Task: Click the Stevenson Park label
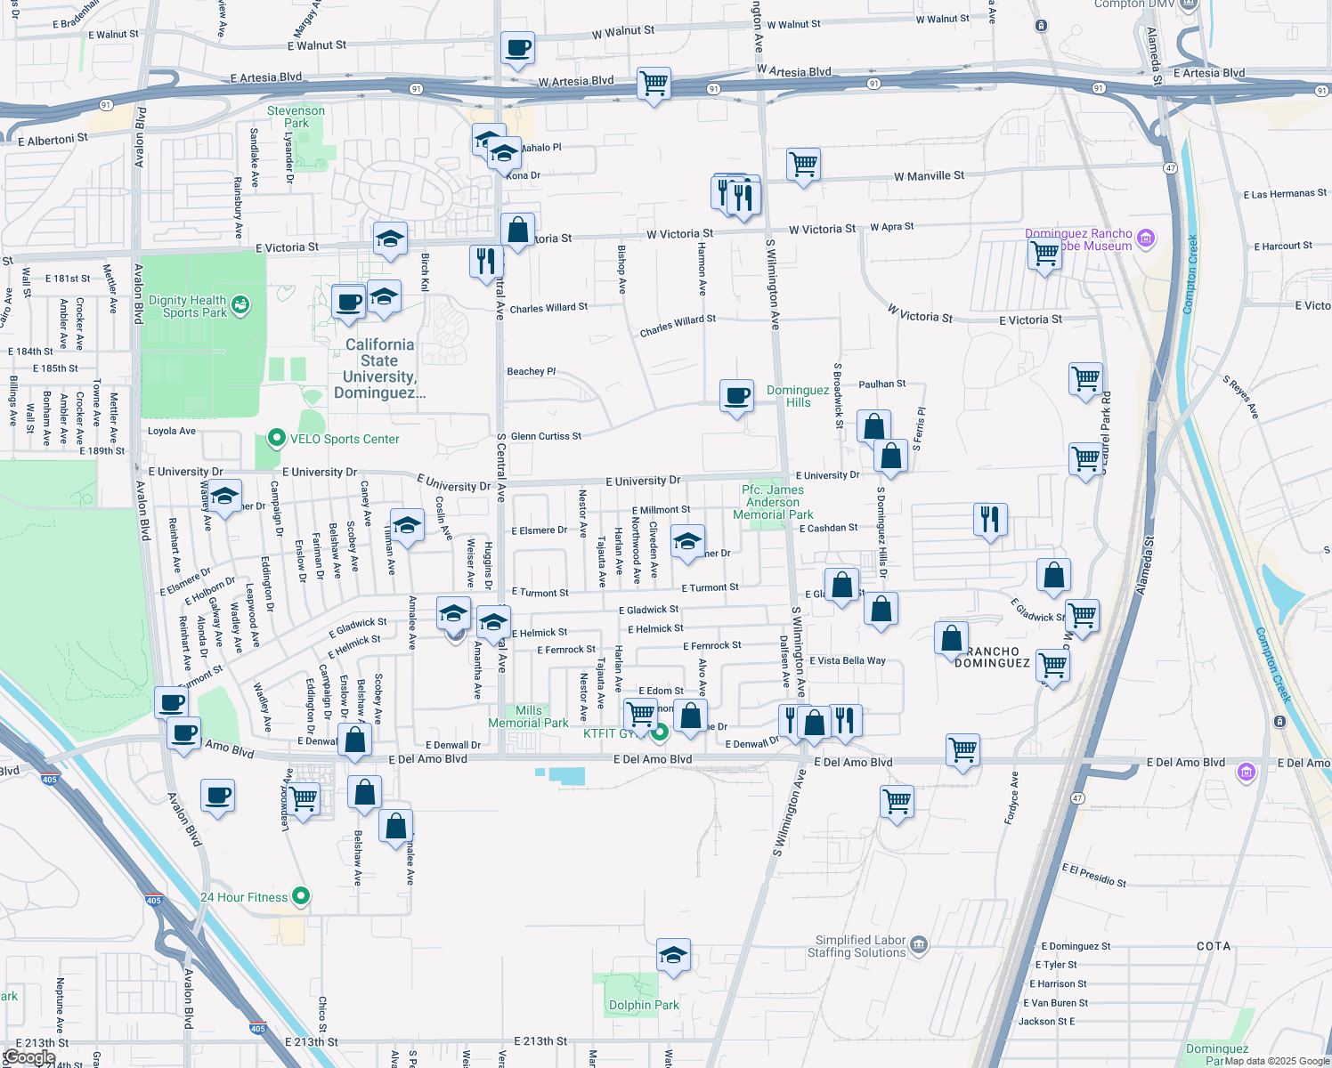pyautogui.click(x=296, y=117)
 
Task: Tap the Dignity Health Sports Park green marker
pyautogui.click(x=240, y=305)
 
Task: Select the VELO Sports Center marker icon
pyautogui.click(x=276, y=438)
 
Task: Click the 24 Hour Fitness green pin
pyautogui.click(x=301, y=896)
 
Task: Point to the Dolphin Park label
pyautogui.click(x=644, y=1005)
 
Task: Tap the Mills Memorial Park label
pyautogui.click(x=528, y=716)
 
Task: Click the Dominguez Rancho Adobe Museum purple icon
pyautogui.click(x=1147, y=238)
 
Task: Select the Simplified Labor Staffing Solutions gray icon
pyautogui.click(x=919, y=943)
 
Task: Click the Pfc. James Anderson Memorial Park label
pyautogui.click(x=773, y=502)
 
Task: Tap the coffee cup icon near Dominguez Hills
pyautogui.click(x=736, y=396)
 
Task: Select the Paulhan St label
pyautogui.click(x=881, y=384)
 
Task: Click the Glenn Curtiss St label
pyautogui.click(x=546, y=436)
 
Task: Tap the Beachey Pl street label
pyautogui.click(x=531, y=371)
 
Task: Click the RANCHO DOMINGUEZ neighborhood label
pyautogui.click(x=992, y=657)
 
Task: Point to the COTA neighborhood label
pyautogui.click(x=1214, y=946)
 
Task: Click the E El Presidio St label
pyautogui.click(x=1093, y=875)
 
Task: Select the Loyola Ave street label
pyautogui.click(x=172, y=431)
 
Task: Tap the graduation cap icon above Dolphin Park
pyautogui.click(x=674, y=956)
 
